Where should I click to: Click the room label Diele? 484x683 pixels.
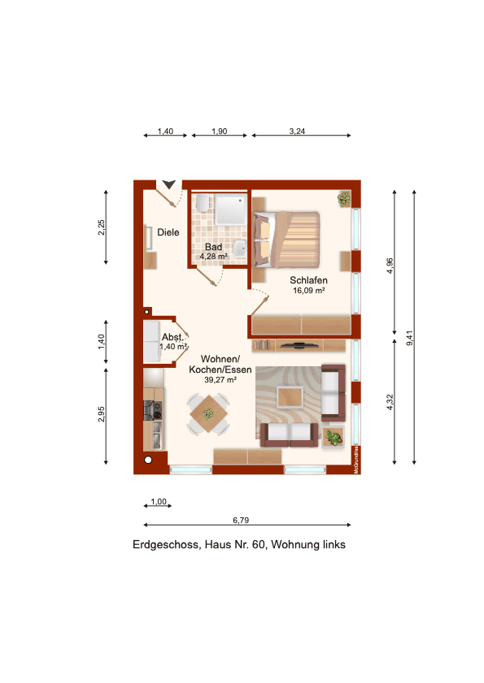(x=168, y=232)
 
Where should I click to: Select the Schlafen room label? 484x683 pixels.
(x=308, y=280)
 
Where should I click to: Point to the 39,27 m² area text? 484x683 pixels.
(x=213, y=379)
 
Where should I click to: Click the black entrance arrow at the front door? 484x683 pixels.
(x=169, y=184)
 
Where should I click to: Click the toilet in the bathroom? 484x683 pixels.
(x=201, y=204)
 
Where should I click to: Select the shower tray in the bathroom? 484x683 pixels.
(x=230, y=210)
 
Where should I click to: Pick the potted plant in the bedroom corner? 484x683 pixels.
(x=345, y=198)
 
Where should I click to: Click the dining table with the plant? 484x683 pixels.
(x=209, y=413)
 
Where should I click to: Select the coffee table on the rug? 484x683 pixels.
(x=291, y=397)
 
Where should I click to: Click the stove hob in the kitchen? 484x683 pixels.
(x=152, y=409)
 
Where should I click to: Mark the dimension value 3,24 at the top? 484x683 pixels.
(x=296, y=130)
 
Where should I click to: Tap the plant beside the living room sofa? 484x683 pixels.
(x=333, y=439)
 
